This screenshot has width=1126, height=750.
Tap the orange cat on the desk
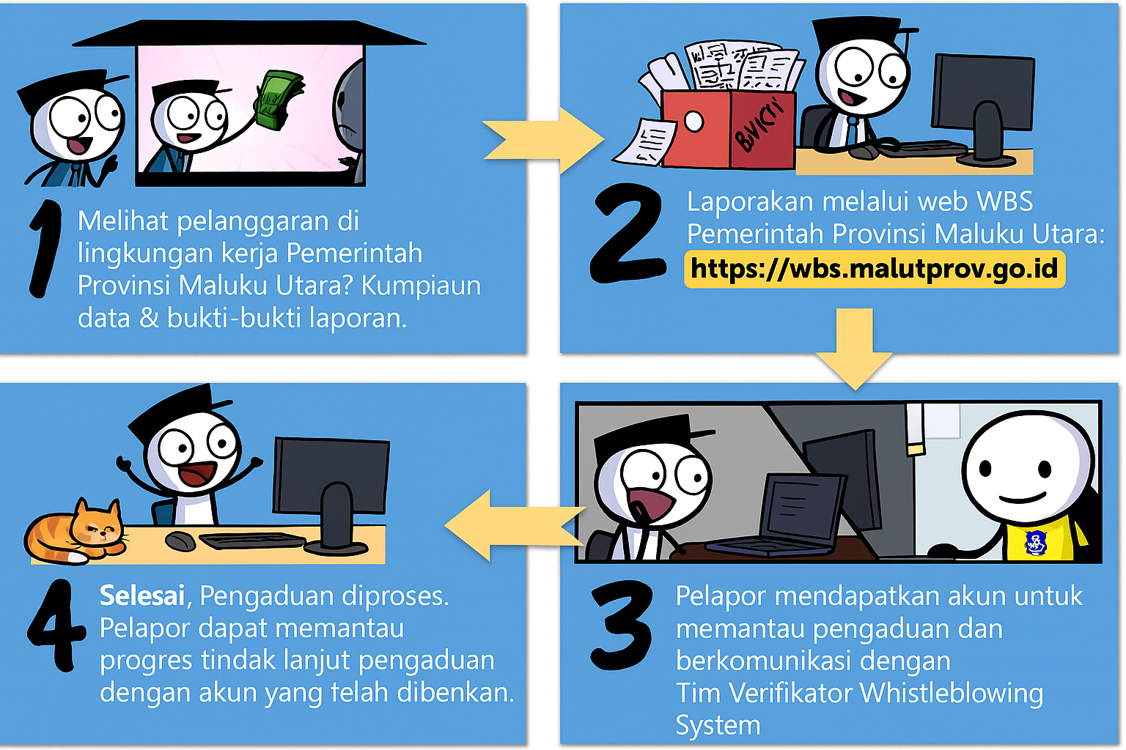pyautogui.click(x=76, y=532)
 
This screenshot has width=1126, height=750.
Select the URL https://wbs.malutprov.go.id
pyautogui.click(x=874, y=269)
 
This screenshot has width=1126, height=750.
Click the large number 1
pyautogui.click(x=45, y=249)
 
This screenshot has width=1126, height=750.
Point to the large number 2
pyautogui.click(x=628, y=234)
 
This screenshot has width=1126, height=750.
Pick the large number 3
pyautogui.click(x=622, y=626)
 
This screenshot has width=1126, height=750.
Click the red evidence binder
pyautogui.click(x=729, y=129)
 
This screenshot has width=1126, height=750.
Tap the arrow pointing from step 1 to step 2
pyautogui.click(x=543, y=141)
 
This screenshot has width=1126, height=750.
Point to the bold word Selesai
pyautogui.click(x=142, y=596)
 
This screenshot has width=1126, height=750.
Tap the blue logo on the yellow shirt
pyautogui.click(x=1036, y=543)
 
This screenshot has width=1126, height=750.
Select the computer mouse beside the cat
pyautogui.click(x=180, y=541)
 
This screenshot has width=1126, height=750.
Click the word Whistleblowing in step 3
pyautogui.click(x=952, y=693)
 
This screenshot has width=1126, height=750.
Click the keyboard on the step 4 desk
pyautogui.click(x=252, y=541)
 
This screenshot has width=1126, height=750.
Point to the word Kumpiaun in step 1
pyautogui.click(x=422, y=286)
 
